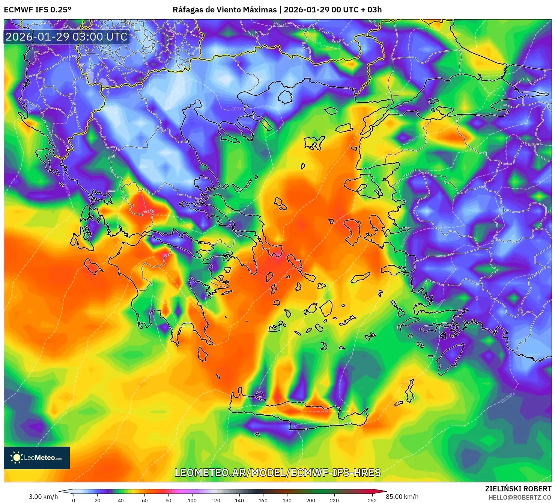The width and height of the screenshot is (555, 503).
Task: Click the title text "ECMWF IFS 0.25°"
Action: (38, 10)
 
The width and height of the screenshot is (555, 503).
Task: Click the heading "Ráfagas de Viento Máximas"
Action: (224, 10)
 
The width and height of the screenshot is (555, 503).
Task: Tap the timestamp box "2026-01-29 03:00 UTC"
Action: (66, 37)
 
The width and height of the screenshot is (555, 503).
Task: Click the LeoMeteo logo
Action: (37, 458)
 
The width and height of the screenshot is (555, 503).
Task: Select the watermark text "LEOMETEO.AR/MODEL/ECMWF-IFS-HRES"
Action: (278, 473)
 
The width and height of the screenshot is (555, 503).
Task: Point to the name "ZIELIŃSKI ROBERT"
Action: (518, 489)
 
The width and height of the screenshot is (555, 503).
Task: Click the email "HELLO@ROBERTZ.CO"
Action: (520, 497)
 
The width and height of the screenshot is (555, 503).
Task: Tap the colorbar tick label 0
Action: (74, 500)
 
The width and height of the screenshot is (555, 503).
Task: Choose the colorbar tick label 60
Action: (144, 500)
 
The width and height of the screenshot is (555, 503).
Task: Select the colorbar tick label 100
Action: (192, 500)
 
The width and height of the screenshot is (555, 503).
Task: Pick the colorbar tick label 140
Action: (239, 500)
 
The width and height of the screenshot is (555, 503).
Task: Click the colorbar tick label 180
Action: (287, 500)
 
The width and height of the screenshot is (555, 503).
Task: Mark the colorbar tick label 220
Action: (334, 500)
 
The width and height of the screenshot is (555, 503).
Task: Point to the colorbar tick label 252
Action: (372, 500)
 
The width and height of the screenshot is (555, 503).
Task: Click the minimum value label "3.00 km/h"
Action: (43, 497)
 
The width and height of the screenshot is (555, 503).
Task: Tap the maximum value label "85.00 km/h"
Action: (402, 497)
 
